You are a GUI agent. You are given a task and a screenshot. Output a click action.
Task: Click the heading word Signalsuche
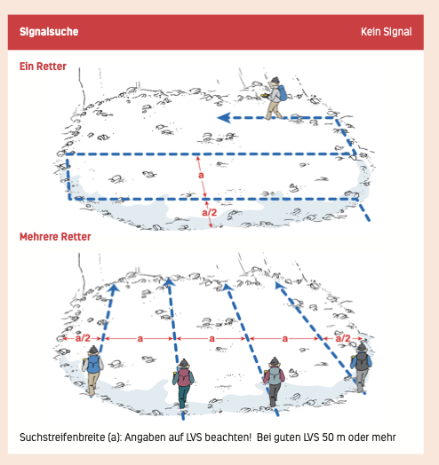[x=49, y=32]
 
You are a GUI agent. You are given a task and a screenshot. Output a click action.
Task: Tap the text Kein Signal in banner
[x=387, y=32]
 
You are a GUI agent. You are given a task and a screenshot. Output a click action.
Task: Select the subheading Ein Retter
[x=43, y=67]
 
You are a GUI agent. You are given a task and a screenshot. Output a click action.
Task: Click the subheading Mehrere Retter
[x=55, y=237]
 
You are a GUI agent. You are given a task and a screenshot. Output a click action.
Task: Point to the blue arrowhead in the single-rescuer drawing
[x=224, y=118]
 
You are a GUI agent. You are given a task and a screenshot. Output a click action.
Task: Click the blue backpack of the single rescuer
[x=283, y=93]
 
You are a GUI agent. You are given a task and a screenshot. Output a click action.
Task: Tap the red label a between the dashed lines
[x=201, y=175]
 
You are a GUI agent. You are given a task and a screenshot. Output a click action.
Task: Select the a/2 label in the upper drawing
[x=210, y=212]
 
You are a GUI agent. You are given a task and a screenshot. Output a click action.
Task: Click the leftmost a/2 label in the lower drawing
[x=83, y=338]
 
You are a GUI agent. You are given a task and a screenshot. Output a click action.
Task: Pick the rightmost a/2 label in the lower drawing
[x=343, y=338]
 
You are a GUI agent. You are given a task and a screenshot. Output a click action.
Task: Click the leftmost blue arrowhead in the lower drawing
[x=114, y=288]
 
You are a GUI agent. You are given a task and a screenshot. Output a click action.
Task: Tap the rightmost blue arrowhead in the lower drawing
[x=280, y=285]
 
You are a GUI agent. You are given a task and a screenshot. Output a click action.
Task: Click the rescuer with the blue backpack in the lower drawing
[x=92, y=371]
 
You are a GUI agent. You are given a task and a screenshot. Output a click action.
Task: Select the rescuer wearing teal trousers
[x=183, y=383]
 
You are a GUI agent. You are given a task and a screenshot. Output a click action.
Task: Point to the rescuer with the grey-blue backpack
[x=274, y=382]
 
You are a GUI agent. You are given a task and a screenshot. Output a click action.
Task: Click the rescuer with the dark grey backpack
[x=361, y=367]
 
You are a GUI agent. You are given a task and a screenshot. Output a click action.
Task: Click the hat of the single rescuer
[x=275, y=81]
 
